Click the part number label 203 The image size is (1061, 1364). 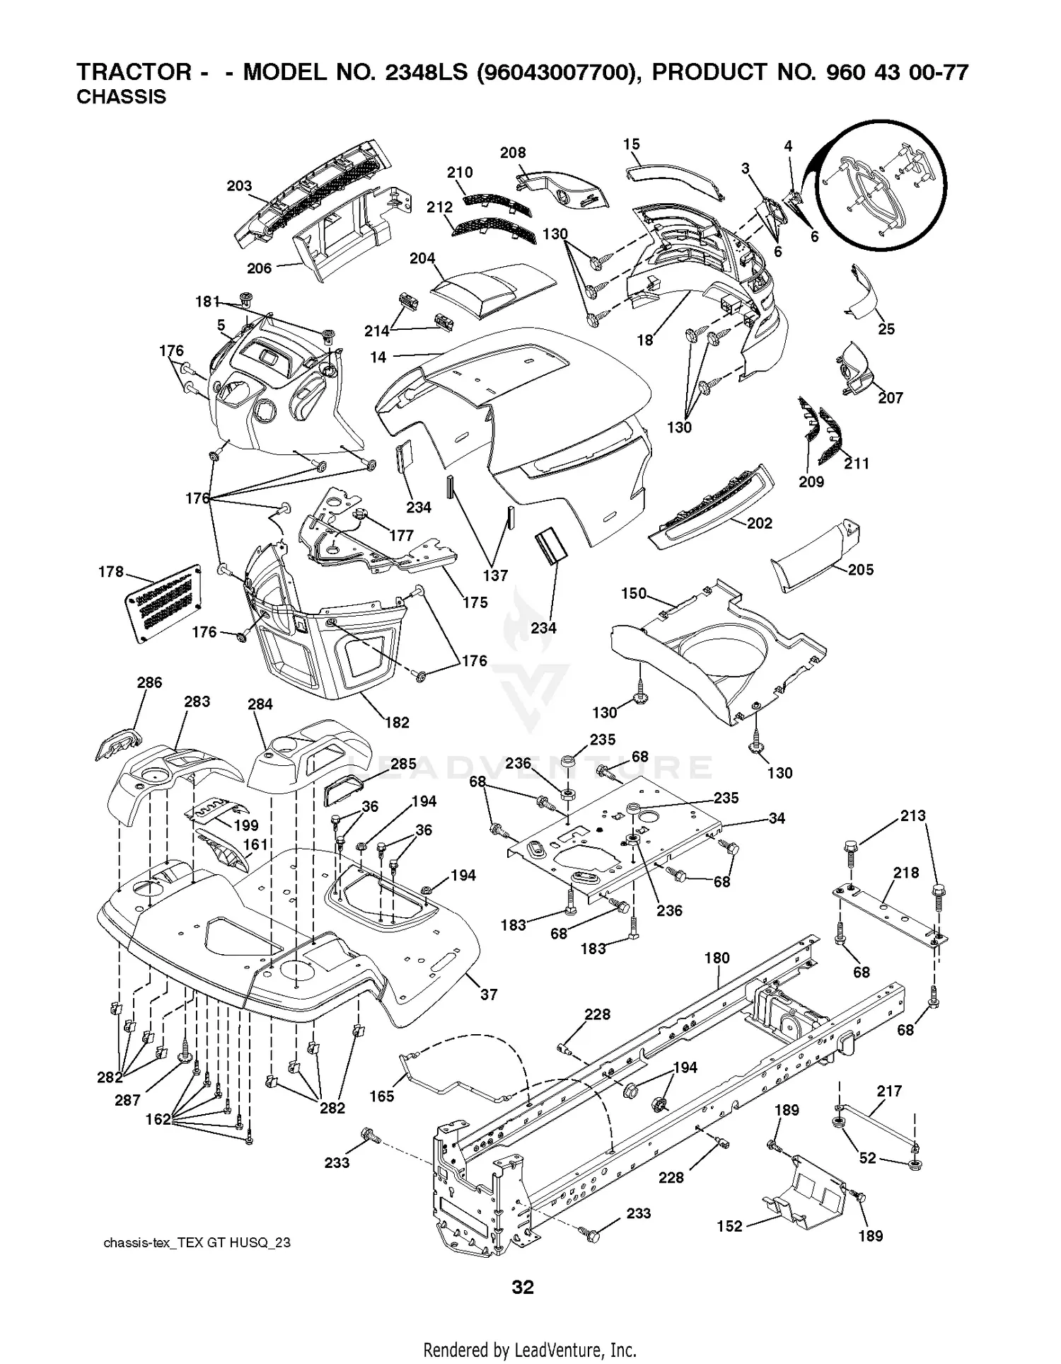[x=239, y=185]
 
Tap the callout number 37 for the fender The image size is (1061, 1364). [x=489, y=995]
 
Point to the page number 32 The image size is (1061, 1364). [x=523, y=1287]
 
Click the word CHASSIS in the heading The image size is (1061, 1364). [x=121, y=97]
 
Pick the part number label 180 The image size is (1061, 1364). [x=717, y=958]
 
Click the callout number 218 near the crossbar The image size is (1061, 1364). [x=906, y=873]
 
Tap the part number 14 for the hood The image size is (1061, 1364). [x=378, y=357]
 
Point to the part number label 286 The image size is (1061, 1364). [x=149, y=682]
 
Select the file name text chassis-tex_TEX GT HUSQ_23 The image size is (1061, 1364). [x=197, y=1243]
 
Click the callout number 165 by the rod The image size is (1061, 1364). [x=382, y=1096]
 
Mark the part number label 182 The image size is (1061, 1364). [x=397, y=722]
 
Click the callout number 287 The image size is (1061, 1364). [x=127, y=1100]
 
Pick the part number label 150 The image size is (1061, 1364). [x=634, y=593]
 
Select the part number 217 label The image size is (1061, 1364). [x=889, y=1091]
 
